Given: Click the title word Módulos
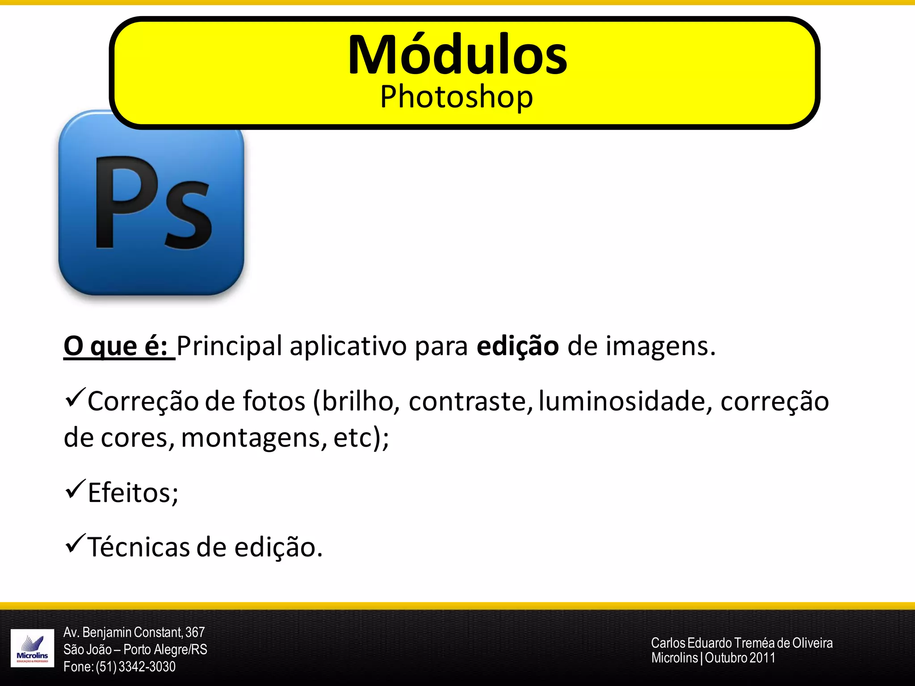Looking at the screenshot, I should [457, 55].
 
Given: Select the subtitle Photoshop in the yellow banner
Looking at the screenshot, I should [456, 97].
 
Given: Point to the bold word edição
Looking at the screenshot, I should [517, 346].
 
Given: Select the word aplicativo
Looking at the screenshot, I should [348, 347].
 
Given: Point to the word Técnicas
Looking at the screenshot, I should [139, 547].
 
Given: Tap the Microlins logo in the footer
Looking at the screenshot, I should [32, 648].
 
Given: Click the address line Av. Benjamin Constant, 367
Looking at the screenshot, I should [134, 632].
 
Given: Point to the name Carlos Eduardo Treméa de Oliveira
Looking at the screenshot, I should [742, 643].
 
